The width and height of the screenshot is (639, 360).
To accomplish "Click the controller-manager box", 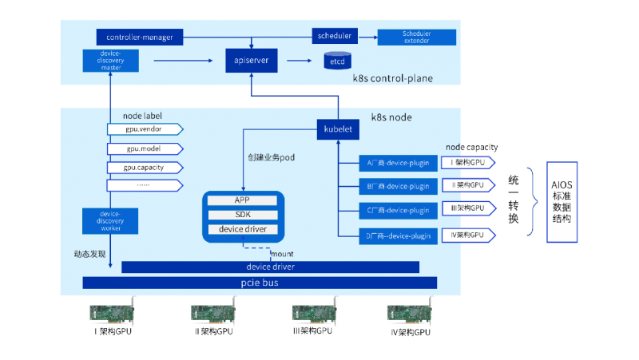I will pos(140,37).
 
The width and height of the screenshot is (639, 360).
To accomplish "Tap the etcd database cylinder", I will pos(337,60).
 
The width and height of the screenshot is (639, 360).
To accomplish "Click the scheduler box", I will pos(334,36).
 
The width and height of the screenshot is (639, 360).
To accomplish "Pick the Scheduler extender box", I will pos(416,37).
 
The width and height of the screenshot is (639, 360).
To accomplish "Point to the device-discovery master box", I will pos(110,61).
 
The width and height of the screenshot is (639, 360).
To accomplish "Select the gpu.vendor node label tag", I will pos(145,129).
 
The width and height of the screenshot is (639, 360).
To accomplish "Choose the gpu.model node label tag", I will pos(145,148).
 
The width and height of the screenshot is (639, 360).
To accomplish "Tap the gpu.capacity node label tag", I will pos(145,168).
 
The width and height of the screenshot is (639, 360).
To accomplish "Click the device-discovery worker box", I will pos(110,220).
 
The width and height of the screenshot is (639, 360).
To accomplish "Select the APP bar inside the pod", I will pos(243,200).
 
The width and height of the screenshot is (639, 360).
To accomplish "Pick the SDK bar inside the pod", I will pos(243,215).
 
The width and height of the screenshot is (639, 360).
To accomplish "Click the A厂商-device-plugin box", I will pos(398,164).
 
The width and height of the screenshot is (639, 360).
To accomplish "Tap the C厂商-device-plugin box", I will pos(398,211).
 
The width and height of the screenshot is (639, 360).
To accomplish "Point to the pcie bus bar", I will pos(260,283).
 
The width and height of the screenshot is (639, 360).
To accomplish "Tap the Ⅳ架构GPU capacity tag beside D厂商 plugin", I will pos(469,235).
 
